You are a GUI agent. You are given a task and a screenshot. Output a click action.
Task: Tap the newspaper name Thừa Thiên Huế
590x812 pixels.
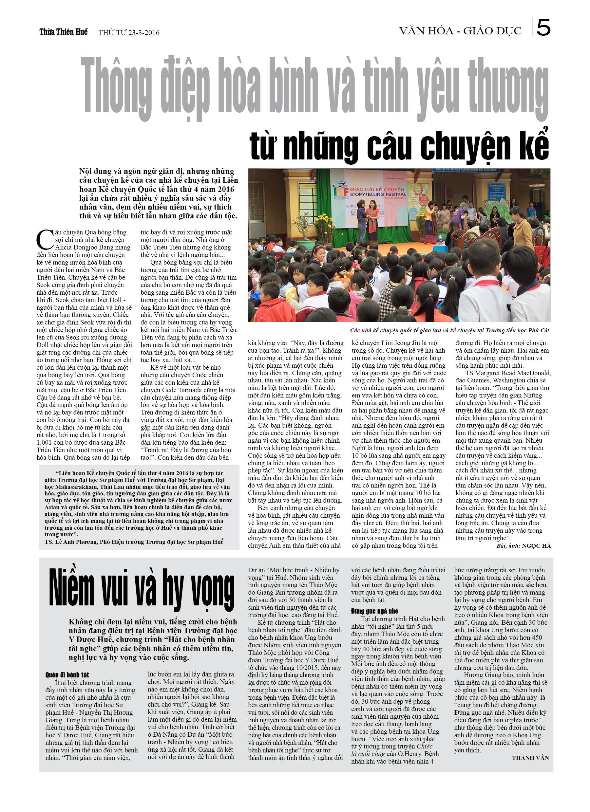click(x=64, y=32)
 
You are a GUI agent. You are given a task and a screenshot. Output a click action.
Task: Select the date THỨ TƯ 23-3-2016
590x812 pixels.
click(x=129, y=33)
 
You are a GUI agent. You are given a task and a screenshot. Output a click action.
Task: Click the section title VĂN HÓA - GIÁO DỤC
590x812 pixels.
click(x=460, y=31)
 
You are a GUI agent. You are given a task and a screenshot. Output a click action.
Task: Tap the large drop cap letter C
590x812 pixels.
click(x=45, y=240)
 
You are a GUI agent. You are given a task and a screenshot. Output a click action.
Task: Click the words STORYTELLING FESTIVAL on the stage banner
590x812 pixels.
click(x=378, y=194)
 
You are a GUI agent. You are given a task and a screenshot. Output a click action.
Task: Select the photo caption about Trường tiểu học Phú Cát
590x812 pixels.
click(x=449, y=330)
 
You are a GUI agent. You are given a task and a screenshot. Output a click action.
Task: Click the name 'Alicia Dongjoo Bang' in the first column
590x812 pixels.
click(x=92, y=248)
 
